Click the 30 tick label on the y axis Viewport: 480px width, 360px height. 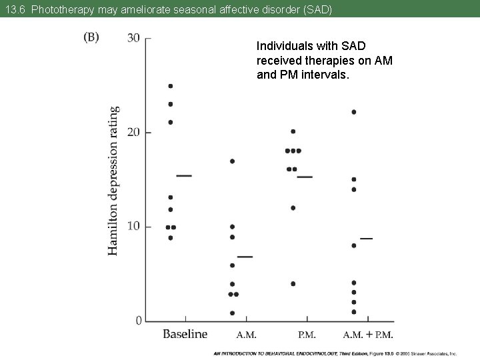tap(133, 38)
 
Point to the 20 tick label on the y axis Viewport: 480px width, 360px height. tap(133, 132)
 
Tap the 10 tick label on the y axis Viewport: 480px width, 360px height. tap(133, 227)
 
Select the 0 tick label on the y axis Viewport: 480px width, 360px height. tap(138, 321)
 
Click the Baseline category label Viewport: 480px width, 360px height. tap(185, 334)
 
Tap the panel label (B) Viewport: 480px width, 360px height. tap(91, 37)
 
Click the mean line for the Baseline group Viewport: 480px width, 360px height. tap(184, 175)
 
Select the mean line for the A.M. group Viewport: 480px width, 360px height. tap(245, 256)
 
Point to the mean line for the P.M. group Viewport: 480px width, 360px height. tap(305, 177)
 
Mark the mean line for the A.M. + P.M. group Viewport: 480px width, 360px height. tap(366, 238)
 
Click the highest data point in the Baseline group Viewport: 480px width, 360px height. tap(171, 86)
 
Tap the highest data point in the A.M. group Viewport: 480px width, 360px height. tap(232, 161)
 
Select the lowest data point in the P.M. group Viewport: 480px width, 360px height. tap(293, 283)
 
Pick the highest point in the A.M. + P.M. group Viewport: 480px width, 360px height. tap(353, 112)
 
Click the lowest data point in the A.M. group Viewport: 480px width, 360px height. tap(232, 313)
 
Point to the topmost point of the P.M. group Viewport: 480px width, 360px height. tap(293, 131)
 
